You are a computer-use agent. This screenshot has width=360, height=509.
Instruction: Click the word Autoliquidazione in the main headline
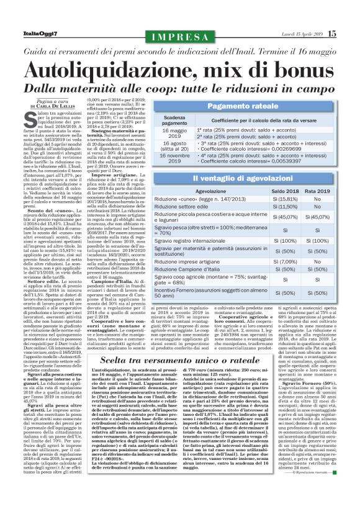point(117,66)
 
